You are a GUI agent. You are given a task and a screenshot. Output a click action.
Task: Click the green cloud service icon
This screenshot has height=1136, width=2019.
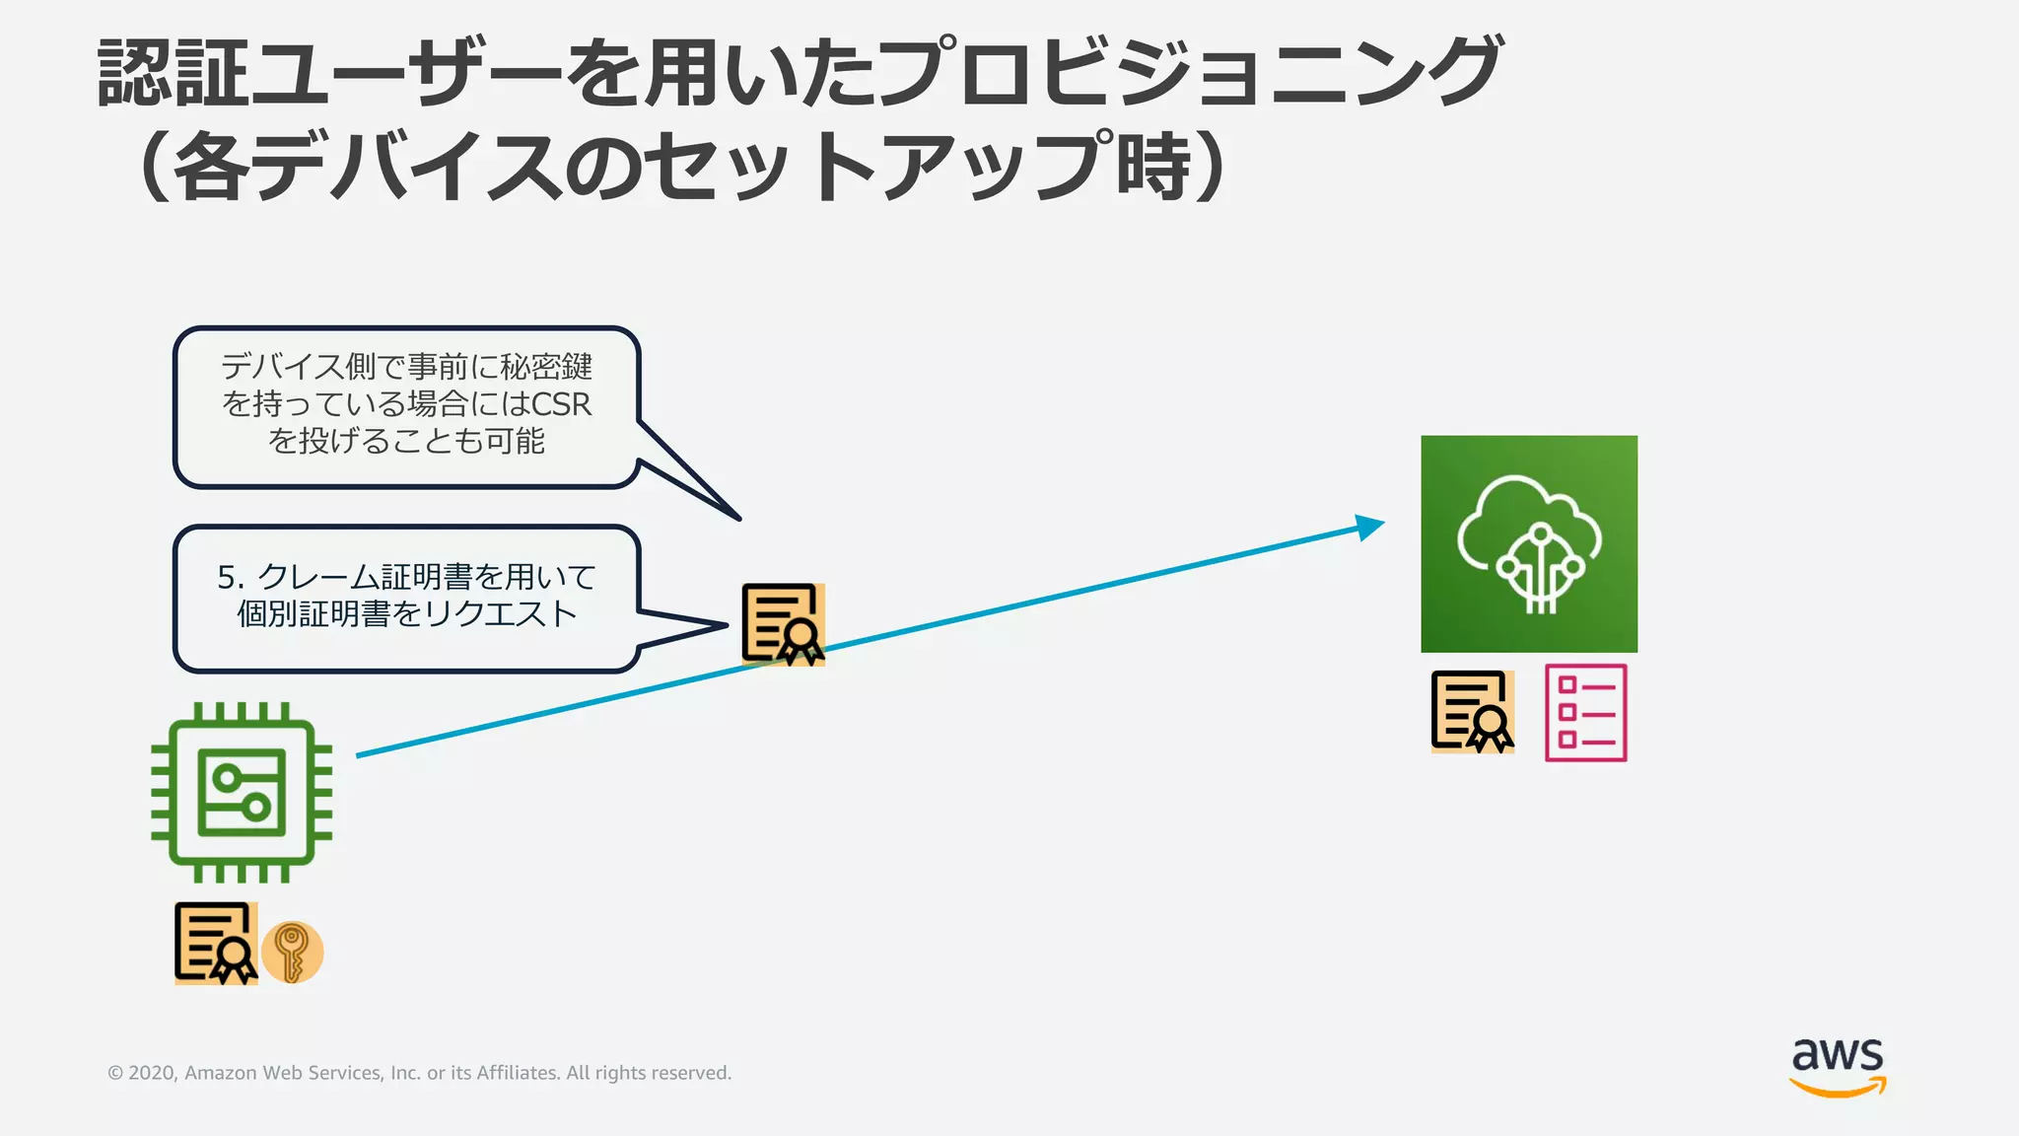(1529, 543)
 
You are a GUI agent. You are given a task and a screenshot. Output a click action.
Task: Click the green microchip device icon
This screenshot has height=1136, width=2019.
(242, 792)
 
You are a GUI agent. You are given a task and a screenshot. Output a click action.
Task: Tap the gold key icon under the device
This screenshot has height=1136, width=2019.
(292, 953)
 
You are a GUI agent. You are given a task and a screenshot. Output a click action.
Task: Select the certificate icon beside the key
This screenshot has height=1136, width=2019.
(216, 944)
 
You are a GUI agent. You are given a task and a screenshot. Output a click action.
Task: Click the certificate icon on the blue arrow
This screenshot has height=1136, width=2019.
(783, 624)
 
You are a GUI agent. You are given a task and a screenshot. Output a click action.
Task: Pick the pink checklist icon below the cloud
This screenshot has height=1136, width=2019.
(1585, 712)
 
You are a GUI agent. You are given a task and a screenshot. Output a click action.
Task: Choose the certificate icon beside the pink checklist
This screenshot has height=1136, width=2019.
(1472, 712)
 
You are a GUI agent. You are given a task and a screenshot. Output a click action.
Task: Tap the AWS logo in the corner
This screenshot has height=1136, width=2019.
(1838, 1066)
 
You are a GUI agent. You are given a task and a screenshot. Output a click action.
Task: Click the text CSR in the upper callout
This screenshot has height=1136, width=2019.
(561, 404)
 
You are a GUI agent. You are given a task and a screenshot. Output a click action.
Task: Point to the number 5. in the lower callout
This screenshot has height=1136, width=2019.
(231, 577)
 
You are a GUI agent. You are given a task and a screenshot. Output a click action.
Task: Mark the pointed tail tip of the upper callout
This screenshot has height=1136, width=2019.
(738, 518)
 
